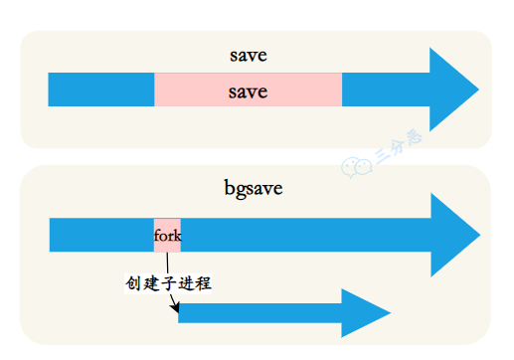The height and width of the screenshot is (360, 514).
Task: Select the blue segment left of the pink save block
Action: click(x=100, y=90)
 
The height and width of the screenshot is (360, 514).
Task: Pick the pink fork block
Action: click(x=167, y=235)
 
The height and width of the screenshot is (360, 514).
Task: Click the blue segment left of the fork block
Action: click(x=100, y=236)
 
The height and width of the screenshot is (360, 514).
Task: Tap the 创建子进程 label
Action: click(x=168, y=283)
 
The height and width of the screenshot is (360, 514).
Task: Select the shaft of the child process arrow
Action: click(x=259, y=313)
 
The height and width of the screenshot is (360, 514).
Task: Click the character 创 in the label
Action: click(x=133, y=283)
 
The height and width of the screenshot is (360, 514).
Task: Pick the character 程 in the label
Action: click(x=204, y=283)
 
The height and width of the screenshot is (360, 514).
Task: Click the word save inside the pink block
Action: click(x=248, y=92)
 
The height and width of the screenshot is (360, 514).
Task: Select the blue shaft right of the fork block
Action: click(x=298, y=236)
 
